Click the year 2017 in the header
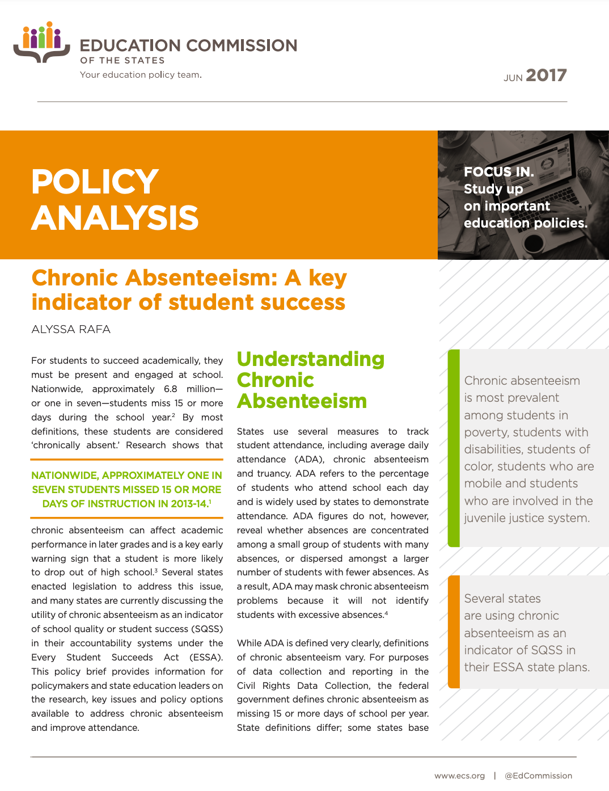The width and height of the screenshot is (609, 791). (x=545, y=75)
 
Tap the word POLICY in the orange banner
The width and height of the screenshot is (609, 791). (x=95, y=182)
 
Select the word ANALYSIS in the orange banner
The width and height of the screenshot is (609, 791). (x=115, y=218)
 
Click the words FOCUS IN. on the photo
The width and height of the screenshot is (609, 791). (x=498, y=171)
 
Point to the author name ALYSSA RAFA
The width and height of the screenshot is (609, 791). (x=71, y=330)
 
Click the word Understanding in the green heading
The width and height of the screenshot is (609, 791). (x=310, y=359)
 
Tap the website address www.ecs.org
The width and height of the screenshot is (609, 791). (x=459, y=776)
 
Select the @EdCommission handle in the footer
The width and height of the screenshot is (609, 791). (x=538, y=776)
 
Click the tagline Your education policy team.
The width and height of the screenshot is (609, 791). (x=141, y=75)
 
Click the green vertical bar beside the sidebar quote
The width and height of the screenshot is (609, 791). (x=454, y=448)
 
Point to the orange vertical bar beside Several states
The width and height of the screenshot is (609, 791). (x=454, y=632)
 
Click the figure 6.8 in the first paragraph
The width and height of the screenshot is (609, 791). (x=170, y=389)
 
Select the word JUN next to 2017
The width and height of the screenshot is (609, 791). (x=513, y=78)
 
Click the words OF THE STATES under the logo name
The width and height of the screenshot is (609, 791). (x=122, y=61)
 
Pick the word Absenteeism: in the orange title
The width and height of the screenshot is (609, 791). (x=201, y=278)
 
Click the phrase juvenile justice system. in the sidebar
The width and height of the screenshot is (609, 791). (x=527, y=518)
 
